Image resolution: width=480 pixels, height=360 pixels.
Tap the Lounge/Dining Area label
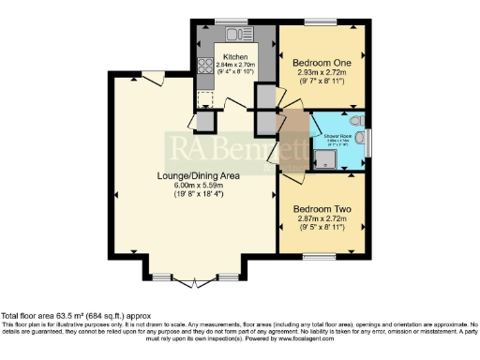195,175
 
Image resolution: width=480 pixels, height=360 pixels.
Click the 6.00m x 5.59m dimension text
195,186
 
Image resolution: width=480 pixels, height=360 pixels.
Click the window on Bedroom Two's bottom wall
319,254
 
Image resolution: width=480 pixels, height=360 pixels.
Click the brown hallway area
293,141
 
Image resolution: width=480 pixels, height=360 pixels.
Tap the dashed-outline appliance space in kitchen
203,97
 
